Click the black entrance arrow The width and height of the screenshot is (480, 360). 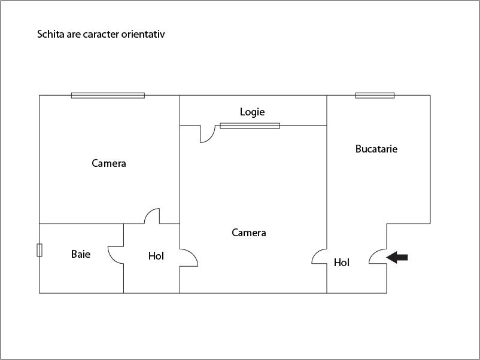click(x=397, y=257)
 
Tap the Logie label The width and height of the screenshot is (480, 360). click(x=252, y=112)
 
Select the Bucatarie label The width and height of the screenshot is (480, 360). click(x=376, y=149)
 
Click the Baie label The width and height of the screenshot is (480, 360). click(x=81, y=254)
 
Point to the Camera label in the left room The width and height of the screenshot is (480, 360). click(x=109, y=163)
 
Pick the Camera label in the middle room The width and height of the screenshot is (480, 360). click(x=249, y=233)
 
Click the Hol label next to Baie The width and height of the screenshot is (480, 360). click(x=156, y=256)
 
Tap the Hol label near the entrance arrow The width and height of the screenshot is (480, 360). click(x=342, y=263)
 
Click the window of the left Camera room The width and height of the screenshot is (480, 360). click(x=108, y=95)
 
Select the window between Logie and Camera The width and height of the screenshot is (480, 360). click(x=250, y=126)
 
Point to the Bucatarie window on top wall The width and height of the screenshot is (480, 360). click(x=375, y=95)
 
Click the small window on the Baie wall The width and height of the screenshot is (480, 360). click(x=40, y=250)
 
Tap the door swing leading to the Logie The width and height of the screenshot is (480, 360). click(x=207, y=135)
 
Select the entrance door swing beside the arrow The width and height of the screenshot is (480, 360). click(x=378, y=257)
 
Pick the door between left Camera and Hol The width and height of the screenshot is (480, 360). click(x=153, y=215)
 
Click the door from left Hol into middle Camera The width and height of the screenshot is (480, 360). click(x=189, y=258)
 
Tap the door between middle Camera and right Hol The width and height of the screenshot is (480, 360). click(x=320, y=257)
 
